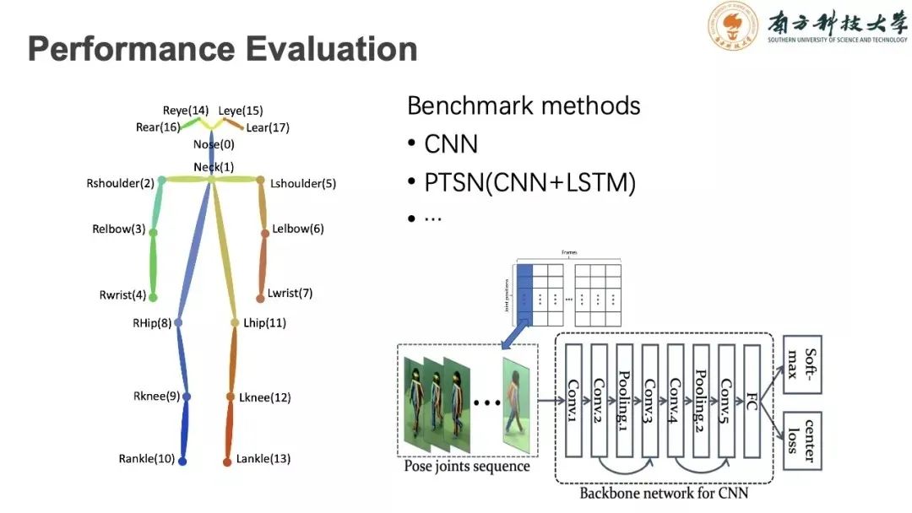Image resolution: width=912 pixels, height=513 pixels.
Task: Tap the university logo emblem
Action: coord(732,27)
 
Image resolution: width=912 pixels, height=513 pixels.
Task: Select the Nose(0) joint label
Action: coord(214,144)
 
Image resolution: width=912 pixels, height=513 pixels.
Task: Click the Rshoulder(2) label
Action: coord(120,183)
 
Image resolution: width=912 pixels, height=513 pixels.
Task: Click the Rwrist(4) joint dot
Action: coord(154,296)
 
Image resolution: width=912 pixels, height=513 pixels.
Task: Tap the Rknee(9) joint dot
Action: coord(187,397)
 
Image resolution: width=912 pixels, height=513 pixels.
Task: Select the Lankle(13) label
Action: coord(264,459)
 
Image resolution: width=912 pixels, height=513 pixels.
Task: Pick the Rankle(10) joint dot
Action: coord(182,461)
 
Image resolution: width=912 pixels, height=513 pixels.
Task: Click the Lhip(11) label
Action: coord(264,322)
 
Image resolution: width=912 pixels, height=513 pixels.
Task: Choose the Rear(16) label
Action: coord(158,127)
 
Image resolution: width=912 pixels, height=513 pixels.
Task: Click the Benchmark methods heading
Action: coord(524,106)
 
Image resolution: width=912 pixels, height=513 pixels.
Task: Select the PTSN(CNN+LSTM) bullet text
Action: coord(529,182)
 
